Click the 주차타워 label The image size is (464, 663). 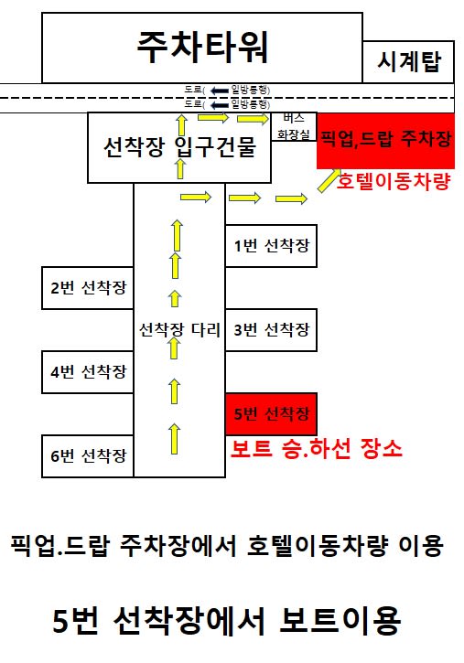point(202,47)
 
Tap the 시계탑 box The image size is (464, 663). point(408,62)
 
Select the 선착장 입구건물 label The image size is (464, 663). point(179,147)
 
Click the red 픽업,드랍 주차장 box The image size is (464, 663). point(385,141)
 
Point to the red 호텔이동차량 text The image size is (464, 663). point(394,181)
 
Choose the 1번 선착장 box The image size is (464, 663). point(271,246)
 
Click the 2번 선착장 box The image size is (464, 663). point(88,288)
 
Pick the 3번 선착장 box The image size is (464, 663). point(271,330)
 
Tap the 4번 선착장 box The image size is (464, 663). point(88,372)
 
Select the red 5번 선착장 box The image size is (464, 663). point(271,414)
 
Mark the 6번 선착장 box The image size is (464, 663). point(88,456)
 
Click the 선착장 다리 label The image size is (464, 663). point(179,330)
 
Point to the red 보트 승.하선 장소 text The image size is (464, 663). point(316,449)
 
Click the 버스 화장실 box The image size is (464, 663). point(294,127)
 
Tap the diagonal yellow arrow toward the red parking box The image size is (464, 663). point(329,181)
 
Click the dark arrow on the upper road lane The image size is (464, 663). point(219,91)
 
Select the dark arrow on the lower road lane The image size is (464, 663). point(219,105)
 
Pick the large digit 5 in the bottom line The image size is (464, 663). point(61,621)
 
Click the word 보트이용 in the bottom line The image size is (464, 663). point(340,620)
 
